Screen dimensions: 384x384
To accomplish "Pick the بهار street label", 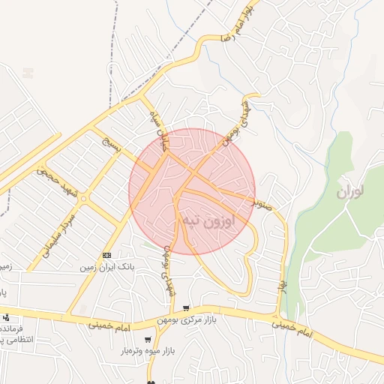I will tap(283, 286).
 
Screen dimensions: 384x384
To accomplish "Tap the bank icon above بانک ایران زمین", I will tap(106, 256).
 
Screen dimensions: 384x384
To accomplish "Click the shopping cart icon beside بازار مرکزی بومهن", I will tap(186, 309).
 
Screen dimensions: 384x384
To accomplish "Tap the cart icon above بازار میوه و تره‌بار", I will tap(147, 339).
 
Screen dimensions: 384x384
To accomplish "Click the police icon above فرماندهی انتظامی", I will tap(6, 318).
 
